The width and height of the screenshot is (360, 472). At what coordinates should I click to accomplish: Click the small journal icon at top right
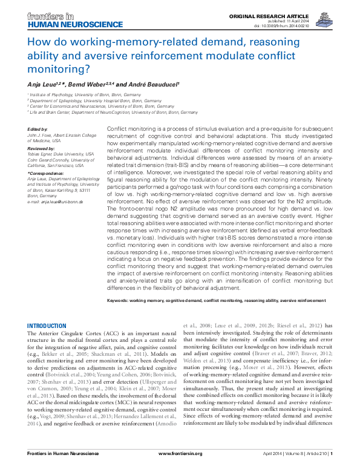[336, 17]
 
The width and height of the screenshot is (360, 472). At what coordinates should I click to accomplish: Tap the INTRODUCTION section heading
[47, 326]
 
